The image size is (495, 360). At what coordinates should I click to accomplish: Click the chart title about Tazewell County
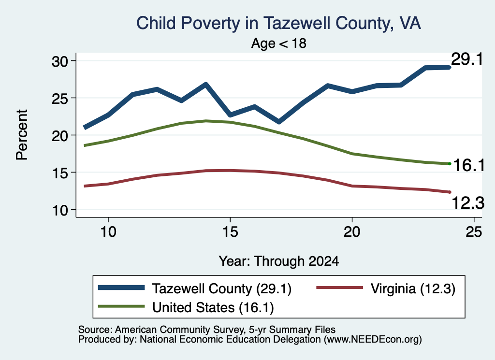coord(278,23)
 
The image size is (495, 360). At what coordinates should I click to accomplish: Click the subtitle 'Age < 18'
coord(279,43)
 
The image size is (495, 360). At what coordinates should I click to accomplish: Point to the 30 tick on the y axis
coord(60,61)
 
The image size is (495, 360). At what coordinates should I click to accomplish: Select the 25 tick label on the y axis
coord(60,99)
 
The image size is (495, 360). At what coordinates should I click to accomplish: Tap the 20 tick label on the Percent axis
coord(60,136)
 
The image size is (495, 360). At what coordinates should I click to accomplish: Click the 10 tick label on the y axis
coord(60,210)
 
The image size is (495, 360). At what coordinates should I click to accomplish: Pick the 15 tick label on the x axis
coord(230,232)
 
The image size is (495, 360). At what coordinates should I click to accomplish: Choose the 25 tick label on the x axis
coord(474,232)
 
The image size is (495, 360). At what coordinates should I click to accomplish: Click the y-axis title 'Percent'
coord(22,135)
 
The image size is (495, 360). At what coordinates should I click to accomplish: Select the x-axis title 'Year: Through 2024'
coord(279,261)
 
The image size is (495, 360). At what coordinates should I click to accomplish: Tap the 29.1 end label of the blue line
coord(467,59)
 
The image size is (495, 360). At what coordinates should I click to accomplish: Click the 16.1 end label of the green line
coord(468,165)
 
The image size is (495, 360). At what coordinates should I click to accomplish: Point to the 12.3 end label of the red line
coord(468,202)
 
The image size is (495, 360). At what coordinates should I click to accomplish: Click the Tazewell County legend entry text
coord(221,288)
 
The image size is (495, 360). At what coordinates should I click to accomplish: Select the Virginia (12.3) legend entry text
coord(413,288)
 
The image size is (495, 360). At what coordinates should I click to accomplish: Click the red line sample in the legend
coord(340,288)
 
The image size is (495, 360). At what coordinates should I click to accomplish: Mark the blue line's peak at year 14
coord(206,84)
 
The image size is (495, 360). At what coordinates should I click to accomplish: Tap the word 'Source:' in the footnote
coord(95,330)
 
